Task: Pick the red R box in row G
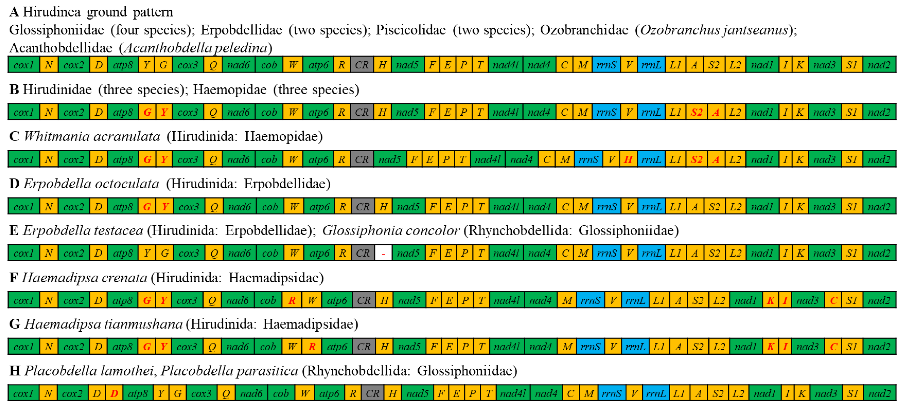(x=312, y=347)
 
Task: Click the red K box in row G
(x=771, y=347)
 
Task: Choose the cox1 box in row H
(x=23, y=393)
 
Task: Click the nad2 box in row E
(x=879, y=253)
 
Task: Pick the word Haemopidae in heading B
(x=230, y=90)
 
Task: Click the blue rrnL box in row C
(x=651, y=159)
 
